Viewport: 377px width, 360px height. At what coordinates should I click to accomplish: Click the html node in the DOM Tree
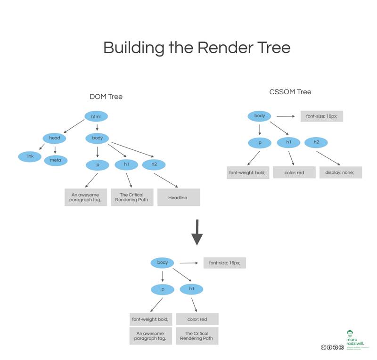click(x=96, y=116)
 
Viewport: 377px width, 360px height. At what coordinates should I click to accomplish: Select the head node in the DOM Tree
click(x=54, y=139)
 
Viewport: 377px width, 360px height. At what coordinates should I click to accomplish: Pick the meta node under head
click(x=56, y=161)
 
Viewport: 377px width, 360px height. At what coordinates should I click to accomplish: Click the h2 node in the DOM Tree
click(x=154, y=164)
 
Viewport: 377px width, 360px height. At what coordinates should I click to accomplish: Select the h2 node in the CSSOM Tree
click(x=316, y=142)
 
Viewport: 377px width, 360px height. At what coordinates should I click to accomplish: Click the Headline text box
click(x=178, y=197)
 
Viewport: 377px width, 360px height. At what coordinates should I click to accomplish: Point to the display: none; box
click(x=340, y=172)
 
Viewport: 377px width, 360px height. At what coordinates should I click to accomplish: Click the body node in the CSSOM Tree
click(x=260, y=116)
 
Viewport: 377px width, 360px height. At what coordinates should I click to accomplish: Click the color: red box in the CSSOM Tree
click(x=294, y=172)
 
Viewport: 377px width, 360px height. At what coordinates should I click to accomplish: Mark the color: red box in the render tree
click(x=197, y=319)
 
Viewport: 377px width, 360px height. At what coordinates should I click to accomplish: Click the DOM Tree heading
click(x=106, y=97)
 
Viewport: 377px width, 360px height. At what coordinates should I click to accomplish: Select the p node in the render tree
click(x=163, y=288)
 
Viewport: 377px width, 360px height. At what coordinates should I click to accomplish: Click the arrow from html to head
click(x=74, y=126)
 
